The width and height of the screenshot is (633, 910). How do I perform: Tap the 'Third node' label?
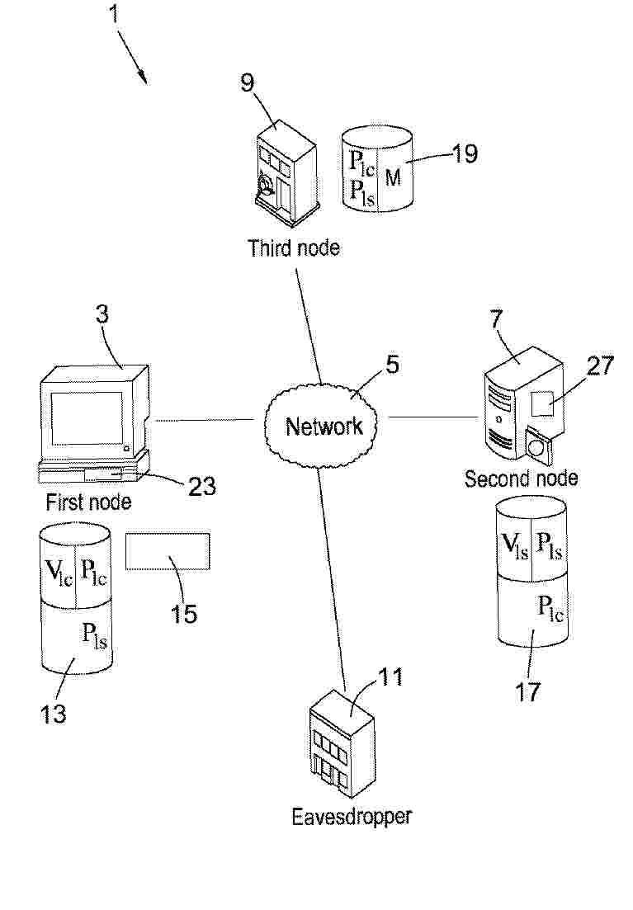click(x=293, y=248)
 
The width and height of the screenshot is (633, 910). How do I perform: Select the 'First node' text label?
click(x=88, y=502)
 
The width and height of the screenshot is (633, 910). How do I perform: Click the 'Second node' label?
click(x=521, y=479)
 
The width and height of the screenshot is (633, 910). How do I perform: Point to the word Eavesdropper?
click(x=352, y=816)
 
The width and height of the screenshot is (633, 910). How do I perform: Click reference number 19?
click(x=464, y=153)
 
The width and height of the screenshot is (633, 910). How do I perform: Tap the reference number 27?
click(x=599, y=365)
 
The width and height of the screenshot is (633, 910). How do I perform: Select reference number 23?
click(x=201, y=486)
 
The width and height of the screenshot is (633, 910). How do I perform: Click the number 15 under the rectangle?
click(x=183, y=614)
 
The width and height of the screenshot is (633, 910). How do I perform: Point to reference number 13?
click(x=53, y=714)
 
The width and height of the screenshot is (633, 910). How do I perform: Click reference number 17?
click(x=528, y=691)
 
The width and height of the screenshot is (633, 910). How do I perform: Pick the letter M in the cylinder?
click(x=393, y=177)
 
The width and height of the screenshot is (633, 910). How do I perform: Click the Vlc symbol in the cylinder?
click(x=59, y=572)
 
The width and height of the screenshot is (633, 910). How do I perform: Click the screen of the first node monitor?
click(x=87, y=417)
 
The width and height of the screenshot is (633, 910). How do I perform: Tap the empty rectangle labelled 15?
click(x=168, y=551)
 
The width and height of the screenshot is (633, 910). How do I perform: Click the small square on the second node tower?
click(x=543, y=403)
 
